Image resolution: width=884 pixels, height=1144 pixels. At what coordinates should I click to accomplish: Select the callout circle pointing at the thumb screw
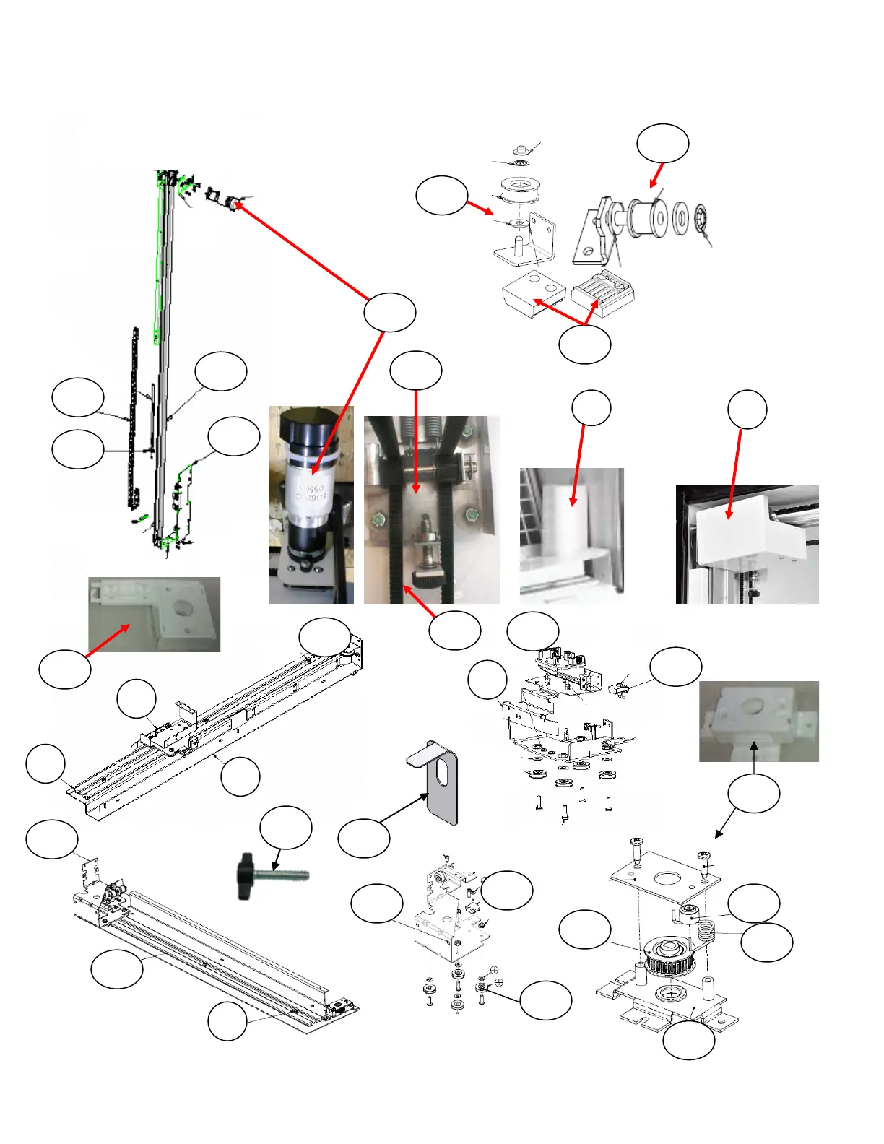(286, 828)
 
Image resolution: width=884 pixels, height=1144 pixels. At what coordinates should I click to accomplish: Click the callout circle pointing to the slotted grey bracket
(364, 838)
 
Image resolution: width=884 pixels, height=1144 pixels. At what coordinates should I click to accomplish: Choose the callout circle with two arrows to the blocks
(585, 344)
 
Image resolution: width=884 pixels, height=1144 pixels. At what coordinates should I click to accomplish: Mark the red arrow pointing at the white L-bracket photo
(108, 640)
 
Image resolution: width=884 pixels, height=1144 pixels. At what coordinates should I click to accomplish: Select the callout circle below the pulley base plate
(689, 1041)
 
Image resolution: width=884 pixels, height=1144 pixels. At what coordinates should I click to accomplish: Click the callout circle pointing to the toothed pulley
(585, 929)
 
